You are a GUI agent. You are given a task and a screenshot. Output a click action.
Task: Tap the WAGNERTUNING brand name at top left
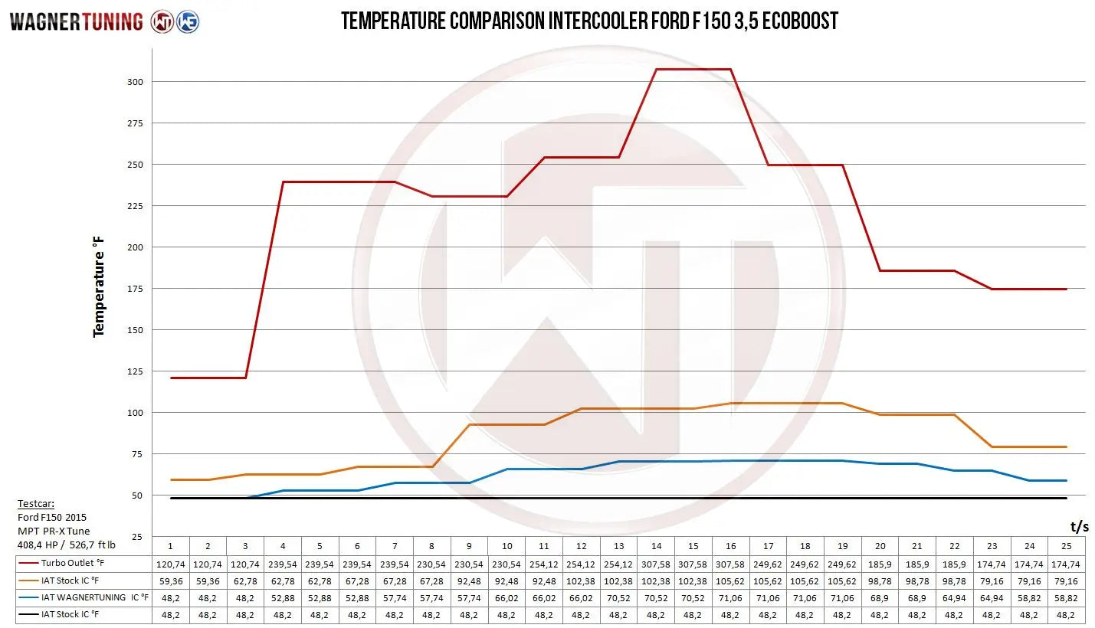76,21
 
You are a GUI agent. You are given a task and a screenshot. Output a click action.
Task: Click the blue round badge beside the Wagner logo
188,21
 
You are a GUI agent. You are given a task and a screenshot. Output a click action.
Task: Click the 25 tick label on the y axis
136,537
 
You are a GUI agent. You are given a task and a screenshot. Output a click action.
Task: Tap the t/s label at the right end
1079,526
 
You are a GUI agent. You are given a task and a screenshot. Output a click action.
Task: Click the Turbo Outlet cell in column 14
656,564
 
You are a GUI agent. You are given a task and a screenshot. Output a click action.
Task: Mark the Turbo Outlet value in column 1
170,564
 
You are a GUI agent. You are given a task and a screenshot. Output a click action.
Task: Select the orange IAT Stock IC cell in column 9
469,581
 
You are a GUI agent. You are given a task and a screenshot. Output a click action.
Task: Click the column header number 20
880,546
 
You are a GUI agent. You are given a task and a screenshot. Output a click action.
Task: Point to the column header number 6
357,546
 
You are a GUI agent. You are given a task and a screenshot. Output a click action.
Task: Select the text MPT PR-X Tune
53,531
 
